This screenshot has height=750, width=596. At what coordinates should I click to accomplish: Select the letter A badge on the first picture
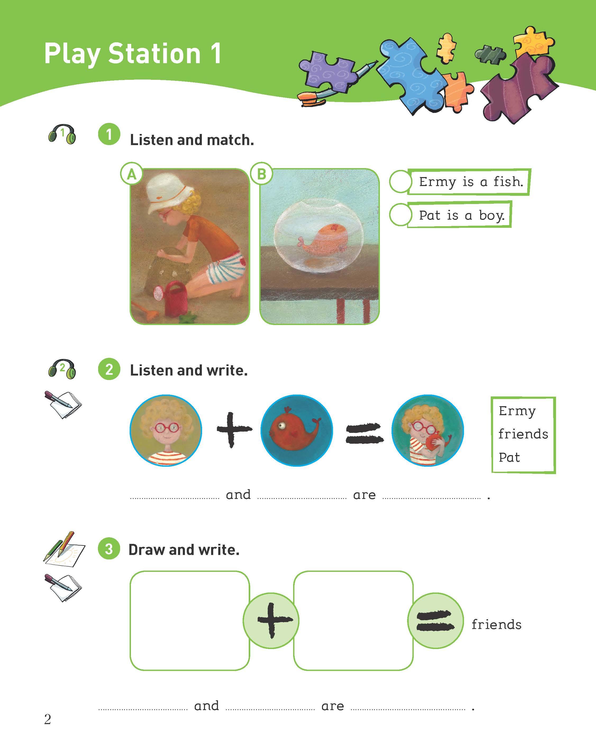[131, 174]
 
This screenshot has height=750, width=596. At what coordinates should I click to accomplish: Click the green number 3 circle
[109, 549]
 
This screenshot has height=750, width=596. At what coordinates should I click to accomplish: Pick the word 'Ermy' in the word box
[517, 411]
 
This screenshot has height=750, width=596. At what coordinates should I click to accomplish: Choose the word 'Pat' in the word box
[509, 457]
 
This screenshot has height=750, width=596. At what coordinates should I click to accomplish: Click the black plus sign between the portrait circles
[234, 430]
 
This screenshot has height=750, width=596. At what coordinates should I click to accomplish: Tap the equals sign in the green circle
[435, 621]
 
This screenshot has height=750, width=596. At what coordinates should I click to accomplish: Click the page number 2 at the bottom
[48, 719]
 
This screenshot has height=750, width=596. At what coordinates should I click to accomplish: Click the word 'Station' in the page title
[154, 54]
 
